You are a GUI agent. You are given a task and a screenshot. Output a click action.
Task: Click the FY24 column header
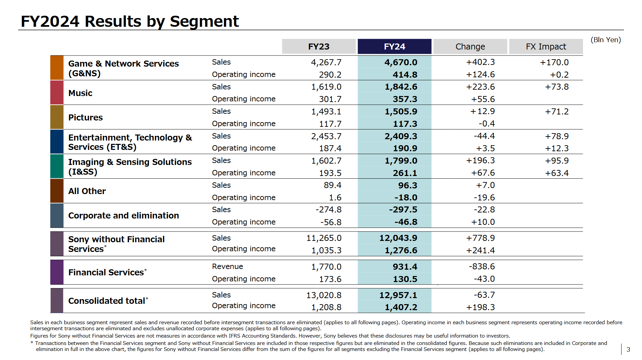pyautogui.click(x=394, y=47)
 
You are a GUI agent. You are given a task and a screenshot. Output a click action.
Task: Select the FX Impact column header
pyautogui.click(x=546, y=47)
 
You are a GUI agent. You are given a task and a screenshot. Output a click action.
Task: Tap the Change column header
pyautogui.click(x=470, y=47)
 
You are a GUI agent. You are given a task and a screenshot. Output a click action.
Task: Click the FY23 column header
pyautogui.click(x=319, y=47)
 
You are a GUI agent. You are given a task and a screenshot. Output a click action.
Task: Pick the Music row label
pyautogui.click(x=80, y=93)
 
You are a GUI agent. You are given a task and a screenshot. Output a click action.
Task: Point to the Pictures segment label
pyautogui.click(x=85, y=117)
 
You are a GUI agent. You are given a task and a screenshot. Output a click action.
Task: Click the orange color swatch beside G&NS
pyautogui.click(x=57, y=68)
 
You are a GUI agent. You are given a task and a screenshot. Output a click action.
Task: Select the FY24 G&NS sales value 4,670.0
pyautogui.click(x=401, y=62)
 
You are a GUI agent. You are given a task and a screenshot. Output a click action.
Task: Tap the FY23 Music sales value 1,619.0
pyautogui.click(x=326, y=87)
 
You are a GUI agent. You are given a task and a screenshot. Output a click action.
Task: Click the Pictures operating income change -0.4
pyautogui.click(x=486, y=124)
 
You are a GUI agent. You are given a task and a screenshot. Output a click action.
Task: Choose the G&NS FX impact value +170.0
pyautogui.click(x=554, y=62)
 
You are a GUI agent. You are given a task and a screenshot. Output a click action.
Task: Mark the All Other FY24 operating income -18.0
pyautogui.click(x=405, y=198)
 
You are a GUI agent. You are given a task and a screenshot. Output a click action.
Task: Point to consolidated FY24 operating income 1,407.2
pyautogui.click(x=401, y=307)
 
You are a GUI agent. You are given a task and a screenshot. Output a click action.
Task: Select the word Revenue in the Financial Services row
pyautogui.click(x=227, y=267)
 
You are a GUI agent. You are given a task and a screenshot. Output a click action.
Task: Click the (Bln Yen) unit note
pyautogui.click(x=606, y=40)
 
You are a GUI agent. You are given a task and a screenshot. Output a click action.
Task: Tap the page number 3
pyautogui.click(x=628, y=350)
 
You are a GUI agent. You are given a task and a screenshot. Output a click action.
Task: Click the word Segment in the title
pyautogui.click(x=204, y=21)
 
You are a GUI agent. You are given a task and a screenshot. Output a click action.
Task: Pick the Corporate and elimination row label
pyautogui.click(x=124, y=215)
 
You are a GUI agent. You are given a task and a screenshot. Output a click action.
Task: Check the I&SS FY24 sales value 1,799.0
pyautogui.click(x=401, y=161)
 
